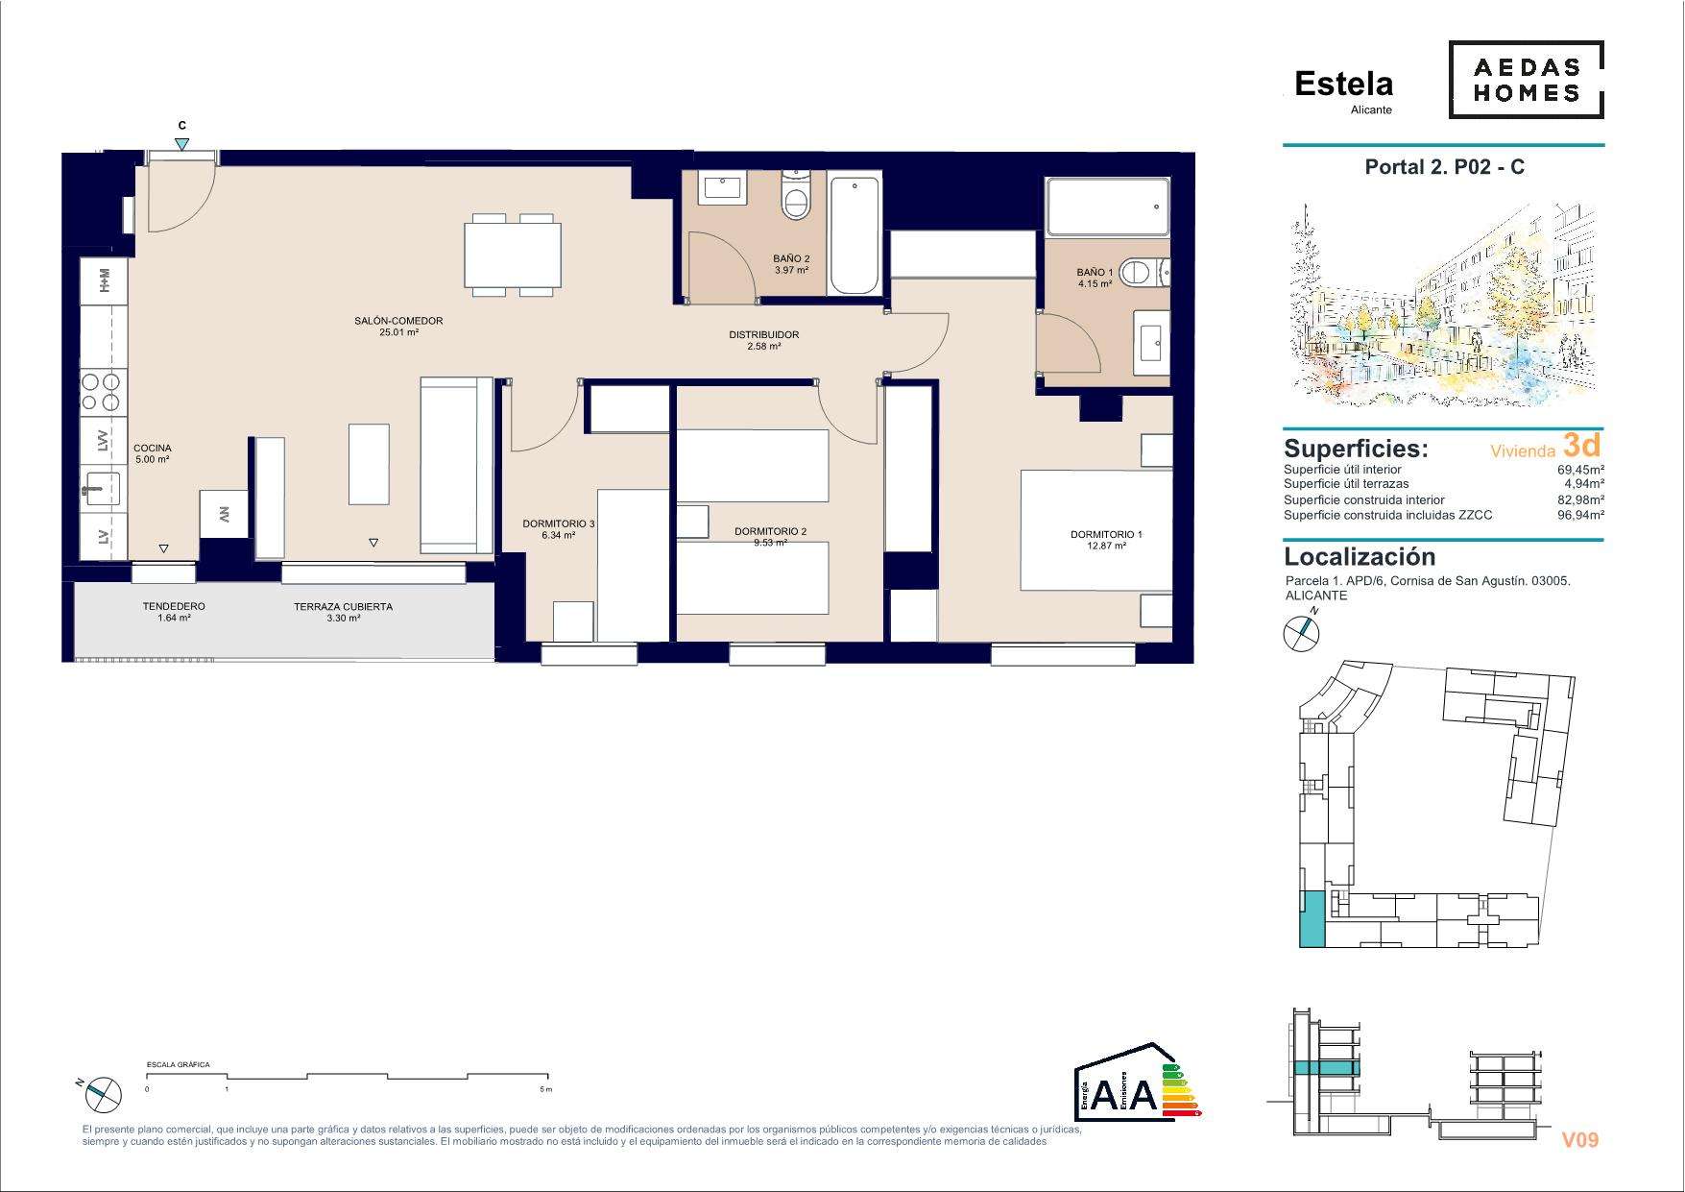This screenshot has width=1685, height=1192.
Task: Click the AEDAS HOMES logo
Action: pos(1526,80)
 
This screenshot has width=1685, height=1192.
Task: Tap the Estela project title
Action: pos(1343,84)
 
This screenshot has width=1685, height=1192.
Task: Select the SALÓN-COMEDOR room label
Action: pos(398,321)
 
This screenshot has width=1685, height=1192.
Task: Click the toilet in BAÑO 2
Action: pos(796,196)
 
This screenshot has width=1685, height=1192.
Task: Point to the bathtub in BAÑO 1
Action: pos(1108,207)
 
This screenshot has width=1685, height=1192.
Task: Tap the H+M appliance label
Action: pos(104,280)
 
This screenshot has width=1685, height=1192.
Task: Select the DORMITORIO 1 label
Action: pos(1106,534)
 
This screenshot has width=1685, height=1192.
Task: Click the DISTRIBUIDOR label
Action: pos(763,335)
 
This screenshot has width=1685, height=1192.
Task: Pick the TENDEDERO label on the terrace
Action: pos(174,606)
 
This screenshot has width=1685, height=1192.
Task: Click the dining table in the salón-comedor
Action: pos(513,255)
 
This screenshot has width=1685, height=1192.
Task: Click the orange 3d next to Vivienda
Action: pos(1581,445)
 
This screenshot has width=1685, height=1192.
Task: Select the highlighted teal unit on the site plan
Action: pos(1312,918)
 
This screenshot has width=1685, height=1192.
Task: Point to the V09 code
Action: pos(1579,1140)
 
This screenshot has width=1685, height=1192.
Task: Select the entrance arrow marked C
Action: pos(182,144)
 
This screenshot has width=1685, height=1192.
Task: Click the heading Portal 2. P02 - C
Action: pos(1444,167)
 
